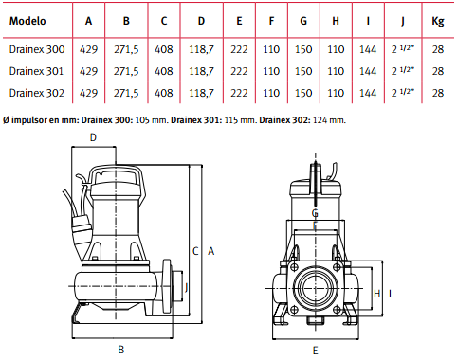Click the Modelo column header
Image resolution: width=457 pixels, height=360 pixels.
[27, 21]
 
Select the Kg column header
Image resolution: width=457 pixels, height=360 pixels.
[438, 21]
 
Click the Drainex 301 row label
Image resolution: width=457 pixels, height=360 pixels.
[36, 71]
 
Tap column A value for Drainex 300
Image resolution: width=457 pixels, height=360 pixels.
[88, 49]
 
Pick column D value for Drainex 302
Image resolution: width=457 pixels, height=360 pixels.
[201, 93]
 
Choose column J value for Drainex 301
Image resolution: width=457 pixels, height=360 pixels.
[402, 70]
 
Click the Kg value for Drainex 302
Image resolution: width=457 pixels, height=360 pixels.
[438, 93]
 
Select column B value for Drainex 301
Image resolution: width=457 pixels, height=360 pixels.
[126, 71]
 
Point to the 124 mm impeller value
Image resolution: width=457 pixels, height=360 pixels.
[329, 120]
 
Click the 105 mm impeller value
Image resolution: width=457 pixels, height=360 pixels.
[152, 120]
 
